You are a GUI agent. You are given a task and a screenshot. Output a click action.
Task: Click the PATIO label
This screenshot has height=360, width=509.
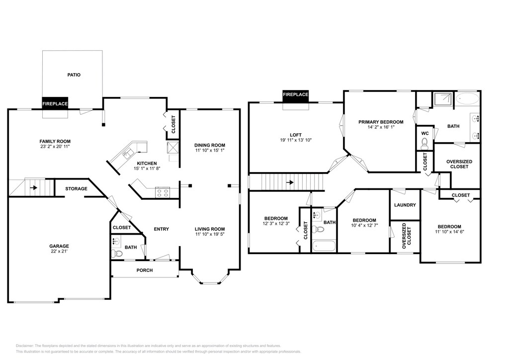(74, 75)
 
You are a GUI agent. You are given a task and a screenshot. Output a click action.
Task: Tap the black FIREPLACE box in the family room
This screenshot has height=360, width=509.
(55, 103)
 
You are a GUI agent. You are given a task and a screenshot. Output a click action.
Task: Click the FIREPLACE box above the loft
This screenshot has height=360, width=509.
(295, 94)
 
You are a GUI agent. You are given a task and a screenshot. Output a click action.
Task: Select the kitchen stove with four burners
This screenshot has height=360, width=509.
(163, 192)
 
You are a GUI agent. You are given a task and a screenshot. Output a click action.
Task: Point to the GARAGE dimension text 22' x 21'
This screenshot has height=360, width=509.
(59, 251)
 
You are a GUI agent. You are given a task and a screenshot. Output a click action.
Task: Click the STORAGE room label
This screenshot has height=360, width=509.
(76, 188)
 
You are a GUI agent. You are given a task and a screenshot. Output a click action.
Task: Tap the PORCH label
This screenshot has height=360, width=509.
(145, 270)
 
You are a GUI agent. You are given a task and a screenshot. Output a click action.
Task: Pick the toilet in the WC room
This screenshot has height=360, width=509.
(424, 144)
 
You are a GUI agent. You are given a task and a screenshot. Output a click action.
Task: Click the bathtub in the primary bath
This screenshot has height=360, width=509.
(467, 98)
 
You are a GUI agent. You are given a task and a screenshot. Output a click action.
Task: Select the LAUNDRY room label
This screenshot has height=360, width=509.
(405, 205)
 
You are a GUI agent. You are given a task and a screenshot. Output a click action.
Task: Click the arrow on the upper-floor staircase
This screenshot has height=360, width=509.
(290, 182)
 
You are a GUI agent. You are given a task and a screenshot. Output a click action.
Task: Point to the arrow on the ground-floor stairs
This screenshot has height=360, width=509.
(34, 187)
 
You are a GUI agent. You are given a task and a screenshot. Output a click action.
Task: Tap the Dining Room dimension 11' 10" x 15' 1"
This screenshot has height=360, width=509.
(210, 150)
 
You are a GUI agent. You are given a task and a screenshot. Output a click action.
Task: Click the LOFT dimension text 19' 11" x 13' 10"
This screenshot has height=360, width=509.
(296, 140)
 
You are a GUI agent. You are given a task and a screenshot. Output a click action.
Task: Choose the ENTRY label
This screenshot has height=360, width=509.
(162, 229)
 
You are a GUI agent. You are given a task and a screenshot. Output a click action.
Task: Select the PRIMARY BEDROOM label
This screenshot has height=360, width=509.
(381, 122)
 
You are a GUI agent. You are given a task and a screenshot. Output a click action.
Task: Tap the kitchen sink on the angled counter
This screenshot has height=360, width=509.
(127, 153)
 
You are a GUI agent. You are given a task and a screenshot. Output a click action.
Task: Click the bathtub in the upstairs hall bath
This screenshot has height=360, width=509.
(324, 246)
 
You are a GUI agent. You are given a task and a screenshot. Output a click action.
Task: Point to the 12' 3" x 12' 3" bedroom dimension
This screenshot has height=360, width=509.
(276, 223)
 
